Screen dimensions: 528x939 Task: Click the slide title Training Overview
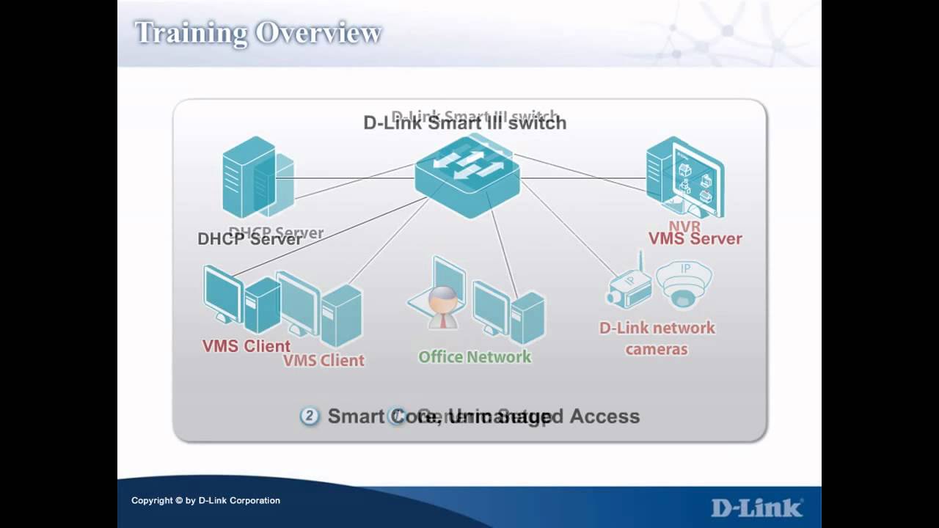(x=257, y=33)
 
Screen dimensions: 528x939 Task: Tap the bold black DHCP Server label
(x=249, y=239)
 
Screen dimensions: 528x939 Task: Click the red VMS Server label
(x=695, y=238)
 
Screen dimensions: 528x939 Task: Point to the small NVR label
(x=684, y=226)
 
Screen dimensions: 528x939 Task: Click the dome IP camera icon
(x=684, y=284)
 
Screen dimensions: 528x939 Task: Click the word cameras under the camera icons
(x=657, y=349)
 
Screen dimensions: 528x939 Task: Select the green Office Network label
(x=474, y=357)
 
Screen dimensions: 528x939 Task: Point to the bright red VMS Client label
(x=246, y=346)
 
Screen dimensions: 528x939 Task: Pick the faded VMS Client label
(x=324, y=361)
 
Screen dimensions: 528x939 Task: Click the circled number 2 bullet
(x=310, y=417)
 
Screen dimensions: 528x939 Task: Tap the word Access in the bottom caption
(x=604, y=417)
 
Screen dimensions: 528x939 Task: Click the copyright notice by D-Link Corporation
(x=205, y=501)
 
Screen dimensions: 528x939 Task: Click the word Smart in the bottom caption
(x=356, y=417)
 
